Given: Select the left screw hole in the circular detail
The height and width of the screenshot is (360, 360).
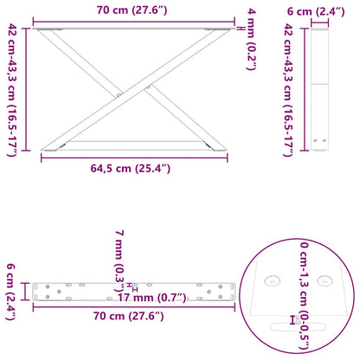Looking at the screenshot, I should (273, 282).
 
